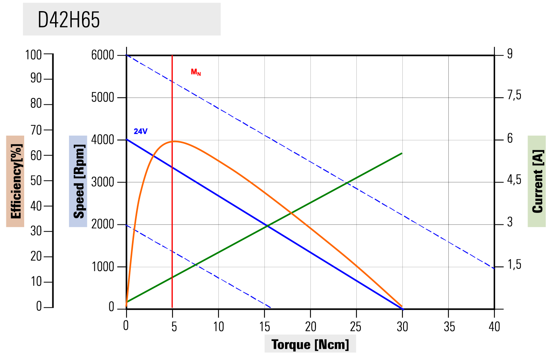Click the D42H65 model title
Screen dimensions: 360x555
[x=69, y=19]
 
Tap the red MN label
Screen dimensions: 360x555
[x=196, y=72]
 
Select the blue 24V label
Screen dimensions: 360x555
[x=140, y=131]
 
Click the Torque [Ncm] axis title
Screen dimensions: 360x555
[x=310, y=344]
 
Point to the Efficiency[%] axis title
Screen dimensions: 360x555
[x=15, y=181]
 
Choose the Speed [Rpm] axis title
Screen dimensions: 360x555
[x=78, y=181]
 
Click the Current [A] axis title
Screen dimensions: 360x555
[x=537, y=181]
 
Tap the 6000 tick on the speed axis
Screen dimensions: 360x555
[x=103, y=55]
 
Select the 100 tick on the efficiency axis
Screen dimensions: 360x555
[x=33, y=55]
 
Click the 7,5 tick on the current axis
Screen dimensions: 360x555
[x=514, y=96]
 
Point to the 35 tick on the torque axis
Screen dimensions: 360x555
[x=449, y=327]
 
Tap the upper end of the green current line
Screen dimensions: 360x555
[x=402, y=153]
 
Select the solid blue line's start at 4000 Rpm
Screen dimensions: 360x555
[x=127, y=140]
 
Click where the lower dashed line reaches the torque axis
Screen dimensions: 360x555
[x=271, y=308]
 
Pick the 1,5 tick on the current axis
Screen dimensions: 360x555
[x=514, y=265]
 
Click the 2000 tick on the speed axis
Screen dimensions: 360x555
[x=103, y=224]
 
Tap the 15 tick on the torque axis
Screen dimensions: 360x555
[x=264, y=327]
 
